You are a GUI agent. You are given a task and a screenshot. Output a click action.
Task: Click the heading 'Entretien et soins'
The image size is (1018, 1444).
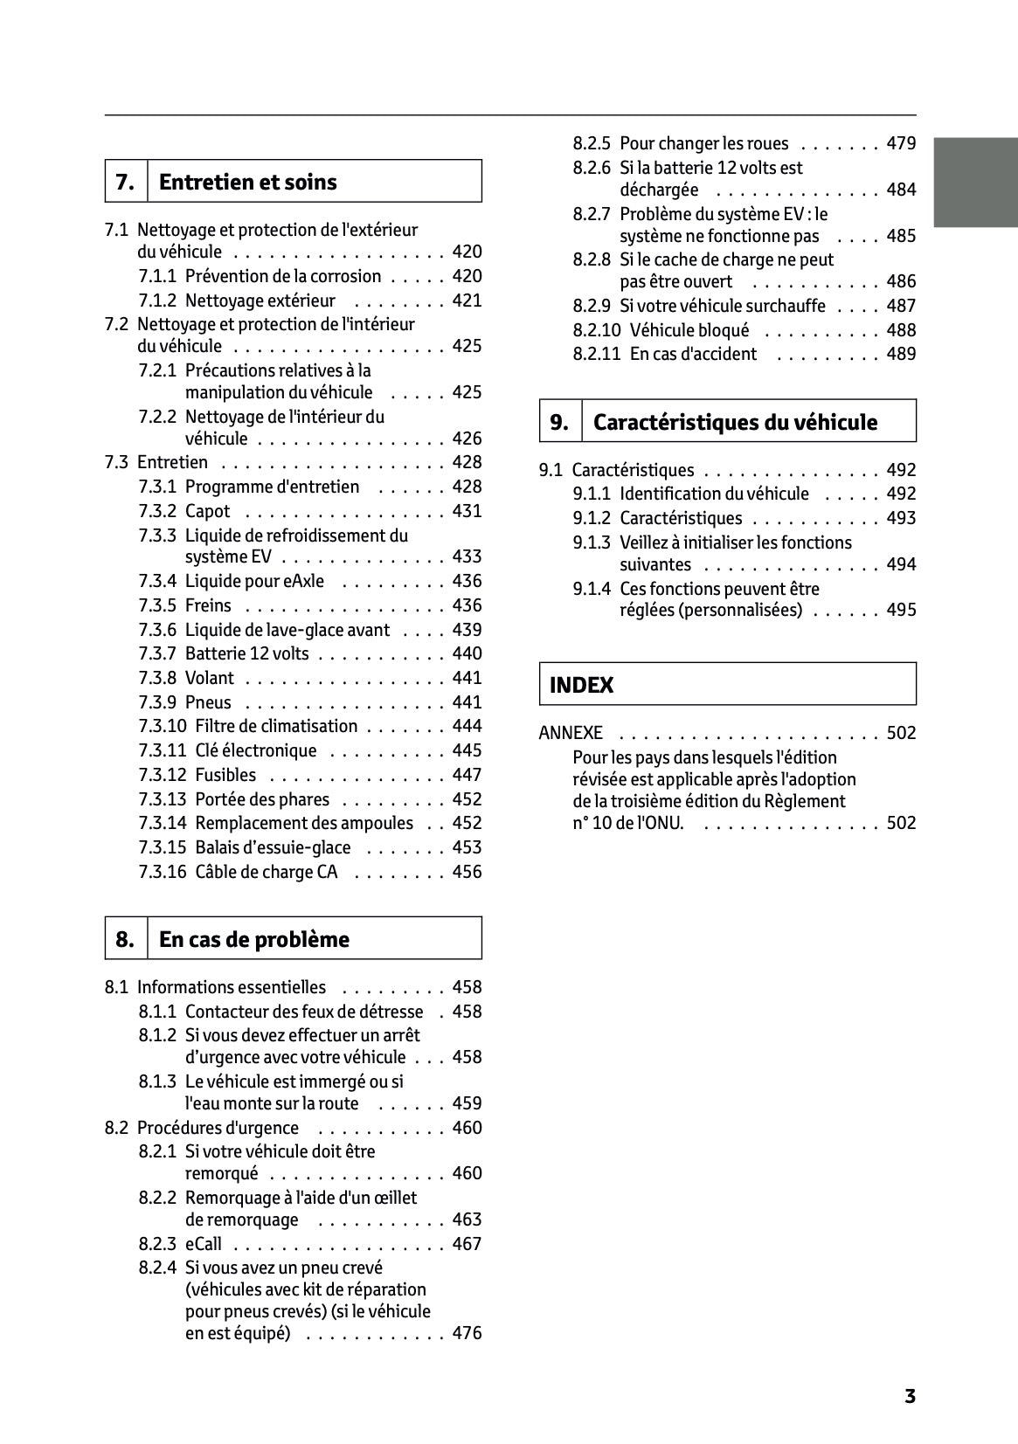click(x=247, y=182)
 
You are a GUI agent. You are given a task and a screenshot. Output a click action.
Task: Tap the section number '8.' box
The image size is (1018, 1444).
click(x=125, y=939)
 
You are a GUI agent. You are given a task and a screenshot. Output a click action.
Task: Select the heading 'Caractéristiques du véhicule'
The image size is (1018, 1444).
click(x=734, y=422)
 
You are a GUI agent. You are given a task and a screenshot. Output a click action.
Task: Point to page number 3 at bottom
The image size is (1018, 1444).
click(x=910, y=1396)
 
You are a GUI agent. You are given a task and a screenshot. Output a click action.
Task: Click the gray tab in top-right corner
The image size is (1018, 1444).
click(x=975, y=182)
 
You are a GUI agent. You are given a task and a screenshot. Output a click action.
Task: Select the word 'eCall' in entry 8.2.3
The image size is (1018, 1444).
click(x=204, y=1243)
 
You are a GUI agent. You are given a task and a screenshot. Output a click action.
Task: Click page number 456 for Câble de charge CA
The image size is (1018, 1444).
click(x=467, y=871)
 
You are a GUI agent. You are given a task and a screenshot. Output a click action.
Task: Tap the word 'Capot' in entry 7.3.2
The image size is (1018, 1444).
click(x=208, y=511)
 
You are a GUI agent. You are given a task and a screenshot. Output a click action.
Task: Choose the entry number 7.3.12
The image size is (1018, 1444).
click(x=163, y=775)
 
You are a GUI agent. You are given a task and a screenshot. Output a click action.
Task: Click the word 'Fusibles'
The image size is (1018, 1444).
click(x=225, y=775)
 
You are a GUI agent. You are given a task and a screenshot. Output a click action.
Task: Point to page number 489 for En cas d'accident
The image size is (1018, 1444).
click(x=901, y=354)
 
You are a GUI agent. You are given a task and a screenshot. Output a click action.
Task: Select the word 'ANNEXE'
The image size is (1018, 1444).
click(x=571, y=733)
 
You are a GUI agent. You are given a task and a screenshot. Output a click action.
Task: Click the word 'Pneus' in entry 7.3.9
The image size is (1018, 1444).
click(x=208, y=702)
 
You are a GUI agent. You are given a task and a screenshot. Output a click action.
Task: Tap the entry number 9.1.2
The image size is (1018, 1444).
click(x=592, y=518)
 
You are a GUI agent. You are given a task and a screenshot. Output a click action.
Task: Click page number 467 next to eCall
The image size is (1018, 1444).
click(x=467, y=1243)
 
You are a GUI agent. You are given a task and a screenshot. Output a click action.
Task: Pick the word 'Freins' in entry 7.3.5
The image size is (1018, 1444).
click(x=208, y=605)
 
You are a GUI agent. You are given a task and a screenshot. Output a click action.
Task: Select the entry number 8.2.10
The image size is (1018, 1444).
click(x=597, y=330)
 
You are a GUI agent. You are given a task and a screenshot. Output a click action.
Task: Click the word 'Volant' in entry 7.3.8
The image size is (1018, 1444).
click(x=210, y=678)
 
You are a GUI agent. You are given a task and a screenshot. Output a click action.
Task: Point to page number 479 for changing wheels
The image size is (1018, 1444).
click(x=901, y=143)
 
